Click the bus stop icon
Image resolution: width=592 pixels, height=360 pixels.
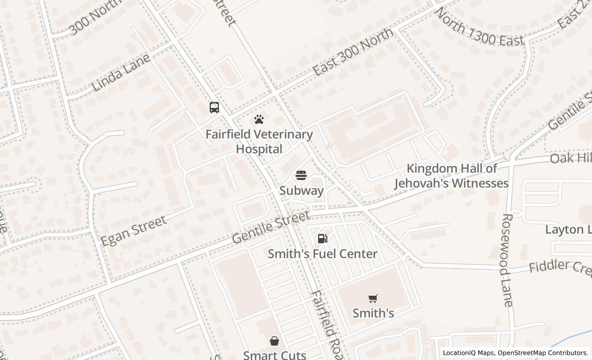[x=214, y=107]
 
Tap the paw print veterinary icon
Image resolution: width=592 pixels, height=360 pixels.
[x=259, y=120]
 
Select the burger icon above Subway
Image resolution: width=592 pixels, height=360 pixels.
[x=301, y=176]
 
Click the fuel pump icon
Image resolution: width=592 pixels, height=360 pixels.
[x=323, y=239]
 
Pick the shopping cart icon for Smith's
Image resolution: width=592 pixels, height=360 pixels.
[x=373, y=298]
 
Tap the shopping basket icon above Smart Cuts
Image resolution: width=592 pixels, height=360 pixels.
[x=274, y=341]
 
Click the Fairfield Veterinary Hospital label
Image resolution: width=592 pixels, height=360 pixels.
[x=259, y=141]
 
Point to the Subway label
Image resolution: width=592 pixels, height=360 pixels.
[x=302, y=190]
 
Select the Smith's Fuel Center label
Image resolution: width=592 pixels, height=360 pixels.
[x=323, y=254]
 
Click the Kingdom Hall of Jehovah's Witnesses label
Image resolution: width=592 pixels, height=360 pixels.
[x=452, y=176]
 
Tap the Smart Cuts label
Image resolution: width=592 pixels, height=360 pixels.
[x=274, y=354]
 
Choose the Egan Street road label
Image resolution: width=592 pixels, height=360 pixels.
[x=134, y=231]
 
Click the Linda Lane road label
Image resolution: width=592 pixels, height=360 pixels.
[x=121, y=72]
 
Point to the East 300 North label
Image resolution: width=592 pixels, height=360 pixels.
[x=353, y=51]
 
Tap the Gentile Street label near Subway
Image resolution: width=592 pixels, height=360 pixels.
[x=271, y=227]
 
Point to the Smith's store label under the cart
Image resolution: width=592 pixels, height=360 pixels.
[x=373, y=313]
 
